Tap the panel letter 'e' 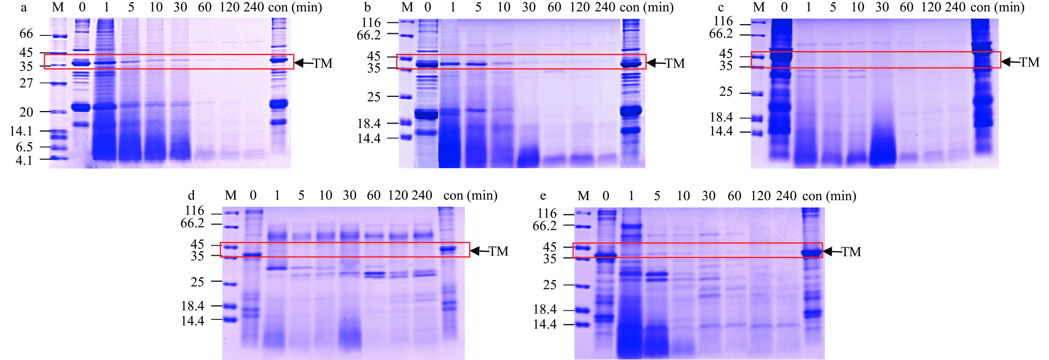coord(543,196)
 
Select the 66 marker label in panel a coord(26,34)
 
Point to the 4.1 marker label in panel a coord(24,160)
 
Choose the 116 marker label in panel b coord(371,23)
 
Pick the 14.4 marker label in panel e coord(545,324)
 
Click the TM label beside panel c coord(1030,62)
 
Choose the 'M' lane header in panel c coord(759,7)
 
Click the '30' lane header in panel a coord(180,7)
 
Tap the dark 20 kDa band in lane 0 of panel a coord(81,107)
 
